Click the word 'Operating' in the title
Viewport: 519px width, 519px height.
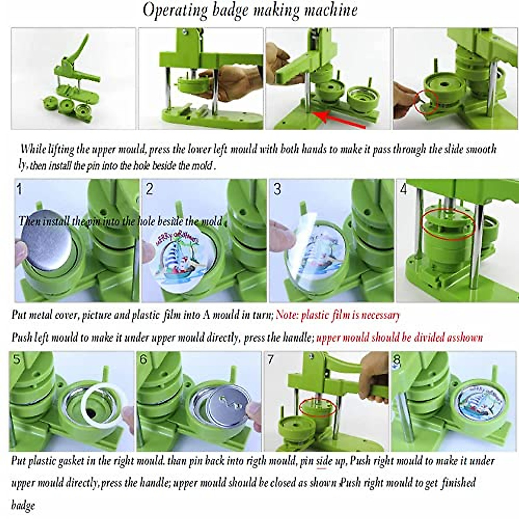click(x=176, y=10)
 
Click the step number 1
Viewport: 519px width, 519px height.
click(x=19, y=189)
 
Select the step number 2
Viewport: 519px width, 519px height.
click(x=150, y=189)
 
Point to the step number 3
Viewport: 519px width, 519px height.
click(x=277, y=189)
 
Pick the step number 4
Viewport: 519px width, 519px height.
click(x=404, y=189)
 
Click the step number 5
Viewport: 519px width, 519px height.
click(x=16, y=359)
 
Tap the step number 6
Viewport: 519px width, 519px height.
click(x=144, y=359)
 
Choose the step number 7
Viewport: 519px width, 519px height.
click(x=271, y=359)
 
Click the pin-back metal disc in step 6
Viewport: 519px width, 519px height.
click(x=227, y=407)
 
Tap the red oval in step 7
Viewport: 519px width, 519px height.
click(x=318, y=407)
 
